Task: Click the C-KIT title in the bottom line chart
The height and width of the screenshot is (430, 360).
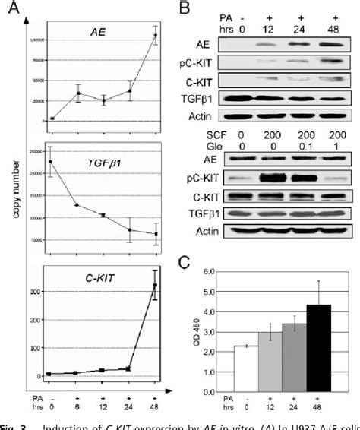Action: [x=99, y=277]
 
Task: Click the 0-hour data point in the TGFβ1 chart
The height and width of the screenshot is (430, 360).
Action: [x=52, y=162]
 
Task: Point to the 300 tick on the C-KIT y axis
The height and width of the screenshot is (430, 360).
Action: [x=36, y=291]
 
